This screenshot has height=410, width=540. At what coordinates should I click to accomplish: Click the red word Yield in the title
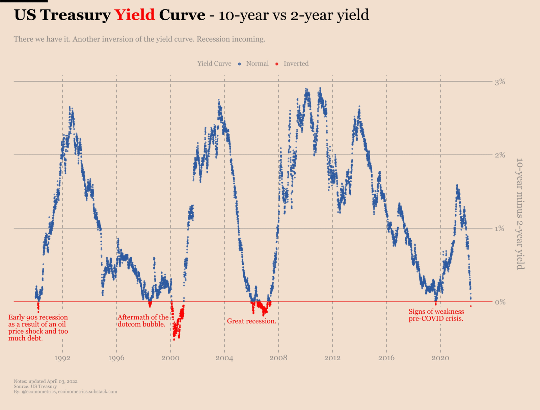(135, 15)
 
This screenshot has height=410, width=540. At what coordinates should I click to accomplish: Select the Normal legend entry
(257, 64)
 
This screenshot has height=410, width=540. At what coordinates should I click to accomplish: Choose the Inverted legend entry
(296, 64)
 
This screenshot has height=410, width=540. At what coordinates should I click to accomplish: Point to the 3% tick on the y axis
(500, 81)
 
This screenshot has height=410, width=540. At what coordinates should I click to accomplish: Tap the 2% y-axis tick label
(500, 155)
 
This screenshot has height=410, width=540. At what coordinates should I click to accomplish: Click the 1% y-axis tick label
(500, 228)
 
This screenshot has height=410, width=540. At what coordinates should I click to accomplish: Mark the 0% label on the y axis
(500, 302)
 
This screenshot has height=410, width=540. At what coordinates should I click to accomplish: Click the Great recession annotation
(251, 321)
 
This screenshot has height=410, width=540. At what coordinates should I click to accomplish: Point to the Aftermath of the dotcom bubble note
(142, 321)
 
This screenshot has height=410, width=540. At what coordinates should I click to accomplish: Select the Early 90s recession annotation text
(38, 328)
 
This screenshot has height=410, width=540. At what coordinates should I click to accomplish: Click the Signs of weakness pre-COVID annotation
(436, 315)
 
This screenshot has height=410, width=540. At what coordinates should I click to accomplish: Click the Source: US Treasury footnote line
(35, 386)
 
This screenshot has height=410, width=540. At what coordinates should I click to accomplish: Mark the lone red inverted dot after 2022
(470, 306)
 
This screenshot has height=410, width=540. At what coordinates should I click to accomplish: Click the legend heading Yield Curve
(214, 64)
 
